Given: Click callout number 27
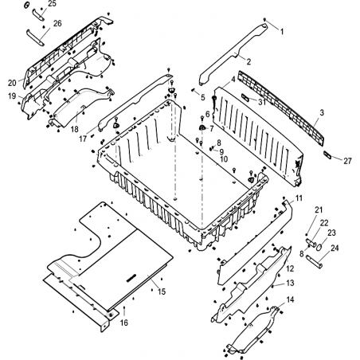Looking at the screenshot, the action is pos(347,161).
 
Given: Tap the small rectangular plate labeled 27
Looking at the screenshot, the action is pos(327,155).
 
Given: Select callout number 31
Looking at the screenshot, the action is pos(262,102).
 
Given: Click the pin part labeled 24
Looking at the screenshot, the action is pos(314,260).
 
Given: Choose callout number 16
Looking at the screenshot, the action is pos(124,323).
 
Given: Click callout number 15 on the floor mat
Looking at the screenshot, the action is pos(162,292).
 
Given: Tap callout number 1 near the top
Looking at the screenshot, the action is pos(282,32).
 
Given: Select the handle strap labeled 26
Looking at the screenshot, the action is pos(35,37).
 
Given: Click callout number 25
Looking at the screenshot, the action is pos(53,4).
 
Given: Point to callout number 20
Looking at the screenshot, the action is pos(12,83).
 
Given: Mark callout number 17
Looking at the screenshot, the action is pos(83,139).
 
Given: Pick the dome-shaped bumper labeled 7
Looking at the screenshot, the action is pos(202,127).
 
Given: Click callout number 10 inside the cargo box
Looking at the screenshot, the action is pos(224,159).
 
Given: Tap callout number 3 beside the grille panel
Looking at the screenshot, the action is pos(322,112).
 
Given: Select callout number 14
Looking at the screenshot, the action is pos(290,299).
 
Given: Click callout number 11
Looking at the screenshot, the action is pos(299,198).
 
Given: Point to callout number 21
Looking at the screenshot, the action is pos(319,209).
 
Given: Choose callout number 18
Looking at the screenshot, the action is pos(75,129).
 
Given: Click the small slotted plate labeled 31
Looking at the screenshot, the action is pos(245,97).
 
